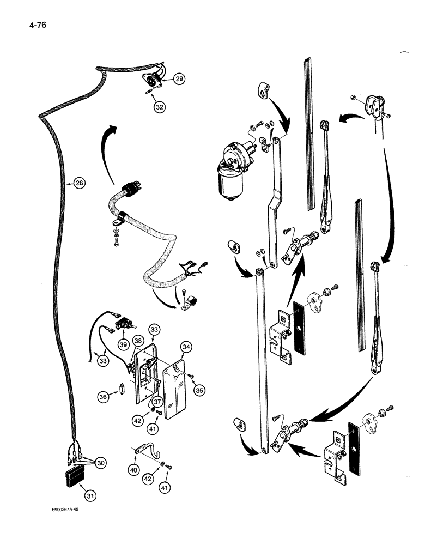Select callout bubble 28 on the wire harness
80,184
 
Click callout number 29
179,80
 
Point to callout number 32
159,107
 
